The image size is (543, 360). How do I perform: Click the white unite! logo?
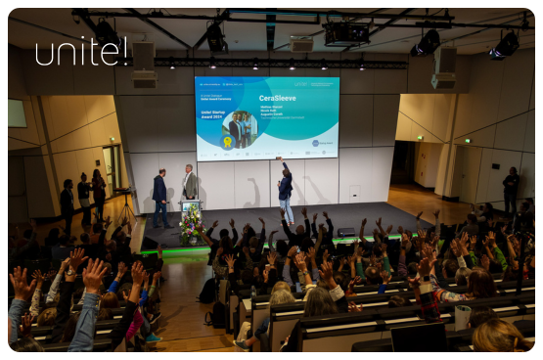tap(81, 51)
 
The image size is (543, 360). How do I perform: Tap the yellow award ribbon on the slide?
tap(228, 141)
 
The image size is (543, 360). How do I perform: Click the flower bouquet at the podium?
tap(191, 225)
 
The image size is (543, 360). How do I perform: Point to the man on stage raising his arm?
tap(285, 190)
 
